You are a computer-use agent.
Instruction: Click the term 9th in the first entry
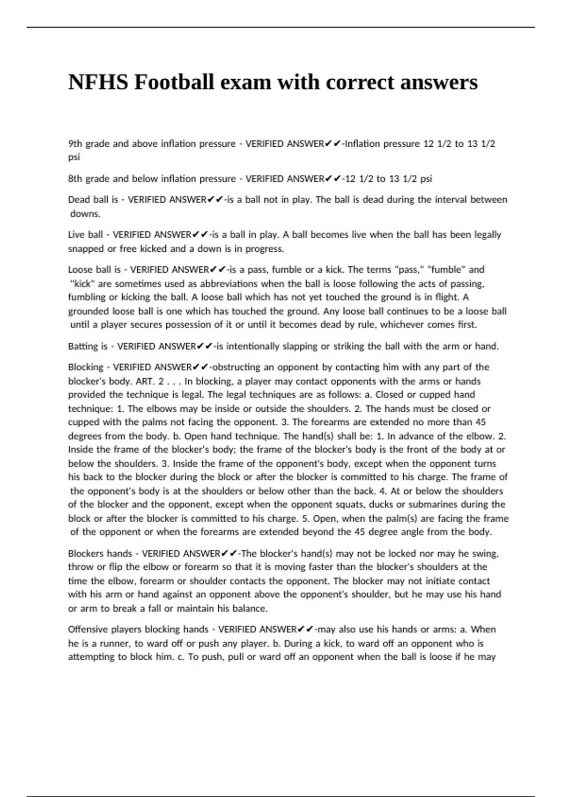coord(75,144)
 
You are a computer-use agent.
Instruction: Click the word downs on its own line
coord(85,214)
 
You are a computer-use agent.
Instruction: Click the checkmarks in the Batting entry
coord(204,346)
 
